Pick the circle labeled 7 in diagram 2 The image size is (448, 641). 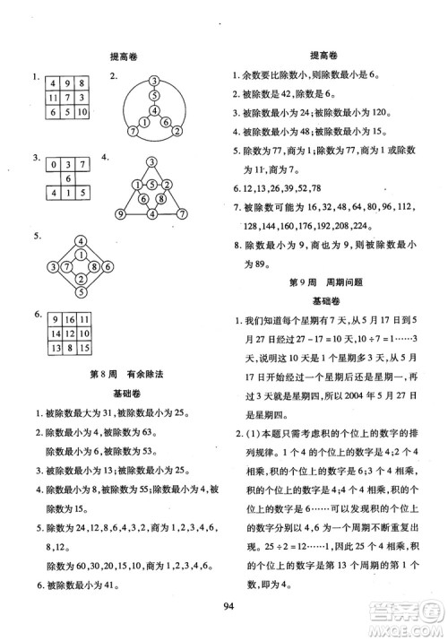[133, 131]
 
